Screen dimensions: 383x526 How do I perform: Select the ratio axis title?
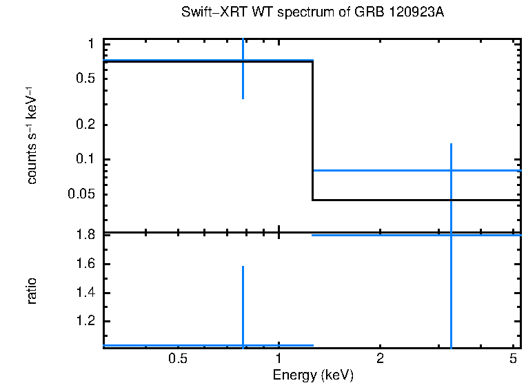pyautogui.click(x=32, y=291)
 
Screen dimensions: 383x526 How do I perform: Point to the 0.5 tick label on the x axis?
pyautogui.click(x=178, y=359)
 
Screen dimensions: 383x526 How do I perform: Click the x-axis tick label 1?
pyautogui.click(x=279, y=359)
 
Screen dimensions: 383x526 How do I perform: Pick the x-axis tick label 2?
pyautogui.click(x=380, y=359)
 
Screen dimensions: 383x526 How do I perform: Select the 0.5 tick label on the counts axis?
pyautogui.click(x=86, y=79)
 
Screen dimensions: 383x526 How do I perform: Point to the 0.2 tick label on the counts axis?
pyautogui.click(x=86, y=125)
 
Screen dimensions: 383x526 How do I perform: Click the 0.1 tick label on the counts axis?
pyautogui.click(x=86, y=160)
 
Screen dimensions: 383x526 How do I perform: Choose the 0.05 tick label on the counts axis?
pyautogui.click(x=83, y=194)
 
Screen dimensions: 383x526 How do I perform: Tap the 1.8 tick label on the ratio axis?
pyautogui.click(x=86, y=235)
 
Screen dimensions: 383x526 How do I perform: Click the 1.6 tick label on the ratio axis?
pyautogui.click(x=86, y=264)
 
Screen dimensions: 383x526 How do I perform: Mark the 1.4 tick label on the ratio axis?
pyautogui.click(x=86, y=293)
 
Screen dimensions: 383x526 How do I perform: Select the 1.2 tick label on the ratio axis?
pyautogui.click(x=86, y=322)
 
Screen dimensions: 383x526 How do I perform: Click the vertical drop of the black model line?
pyautogui.click(x=313, y=131)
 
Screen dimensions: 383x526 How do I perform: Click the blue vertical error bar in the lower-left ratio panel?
pyautogui.click(x=243, y=303)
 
